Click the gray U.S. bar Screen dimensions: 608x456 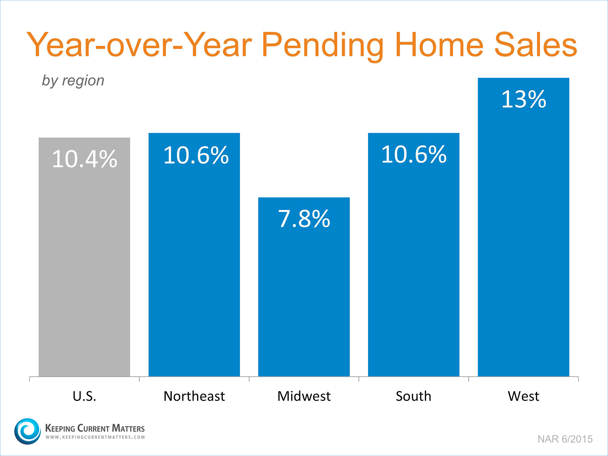tap(85, 257)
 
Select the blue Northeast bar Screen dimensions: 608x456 tap(194, 255)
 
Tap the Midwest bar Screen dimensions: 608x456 tap(304, 287)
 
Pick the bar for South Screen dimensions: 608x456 tap(414, 255)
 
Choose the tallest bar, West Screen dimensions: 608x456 tap(523, 227)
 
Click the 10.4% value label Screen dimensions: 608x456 tap(85, 159)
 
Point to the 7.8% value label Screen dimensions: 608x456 tap(304, 219)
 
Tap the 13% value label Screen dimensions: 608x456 tap(523, 99)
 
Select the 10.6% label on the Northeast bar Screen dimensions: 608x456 tap(196, 155)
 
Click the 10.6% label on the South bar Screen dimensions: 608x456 tap(414, 154)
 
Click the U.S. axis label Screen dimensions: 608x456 tap(85, 396)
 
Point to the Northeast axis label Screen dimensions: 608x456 tap(194, 396)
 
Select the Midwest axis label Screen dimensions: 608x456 tap(304, 396)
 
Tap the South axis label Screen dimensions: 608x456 tap(413, 396)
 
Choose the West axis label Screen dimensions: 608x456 tap(523, 396)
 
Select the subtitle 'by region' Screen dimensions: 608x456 tap(73, 81)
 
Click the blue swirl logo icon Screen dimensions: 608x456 tap(27, 431)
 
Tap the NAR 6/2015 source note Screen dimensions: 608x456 tap(565, 439)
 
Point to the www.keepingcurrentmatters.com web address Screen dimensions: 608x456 tap(95, 437)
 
